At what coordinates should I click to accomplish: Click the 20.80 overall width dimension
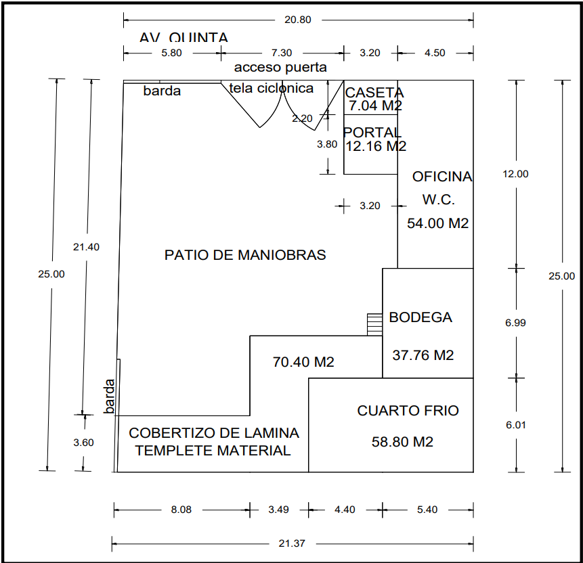point(298,20)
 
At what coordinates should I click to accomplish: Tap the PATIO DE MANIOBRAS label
point(245,255)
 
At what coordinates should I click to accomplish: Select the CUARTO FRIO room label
point(408,411)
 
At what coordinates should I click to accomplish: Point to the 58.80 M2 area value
point(402,442)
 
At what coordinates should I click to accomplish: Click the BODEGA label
point(420,317)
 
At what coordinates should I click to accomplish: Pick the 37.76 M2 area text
point(423,355)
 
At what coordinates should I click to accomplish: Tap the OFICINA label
point(442,177)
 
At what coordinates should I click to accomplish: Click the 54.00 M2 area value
point(437,223)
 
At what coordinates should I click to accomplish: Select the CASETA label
point(374,93)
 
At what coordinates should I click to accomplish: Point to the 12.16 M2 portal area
point(376,145)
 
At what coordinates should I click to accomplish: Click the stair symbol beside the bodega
point(374,323)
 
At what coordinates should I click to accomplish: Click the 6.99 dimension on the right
point(515,323)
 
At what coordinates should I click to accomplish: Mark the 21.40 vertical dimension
point(86,247)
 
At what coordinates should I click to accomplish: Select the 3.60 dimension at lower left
point(83,443)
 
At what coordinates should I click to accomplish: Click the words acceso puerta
point(280,67)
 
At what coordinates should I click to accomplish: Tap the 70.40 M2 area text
point(303,362)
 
